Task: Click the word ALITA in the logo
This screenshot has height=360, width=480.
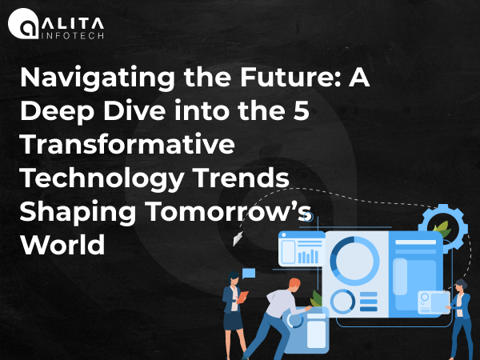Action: (x=73, y=23)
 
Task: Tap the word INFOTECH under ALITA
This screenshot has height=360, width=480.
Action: (x=73, y=36)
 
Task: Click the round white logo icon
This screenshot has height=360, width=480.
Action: (x=23, y=23)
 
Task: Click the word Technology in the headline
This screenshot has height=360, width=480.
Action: (x=102, y=179)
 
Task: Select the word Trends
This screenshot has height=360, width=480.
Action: (x=241, y=178)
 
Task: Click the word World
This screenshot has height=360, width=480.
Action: (x=62, y=244)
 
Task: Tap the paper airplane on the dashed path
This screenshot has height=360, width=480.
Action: (x=238, y=238)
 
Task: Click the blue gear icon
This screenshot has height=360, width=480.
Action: (x=443, y=228)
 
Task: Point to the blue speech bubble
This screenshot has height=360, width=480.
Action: (x=249, y=273)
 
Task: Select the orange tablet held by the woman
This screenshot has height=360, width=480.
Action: (x=242, y=297)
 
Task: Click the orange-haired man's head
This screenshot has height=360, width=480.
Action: (x=294, y=286)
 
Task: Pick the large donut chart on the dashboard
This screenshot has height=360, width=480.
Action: (x=354, y=261)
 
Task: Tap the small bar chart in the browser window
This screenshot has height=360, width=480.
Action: (x=308, y=256)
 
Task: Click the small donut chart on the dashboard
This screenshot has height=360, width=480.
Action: (x=342, y=302)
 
